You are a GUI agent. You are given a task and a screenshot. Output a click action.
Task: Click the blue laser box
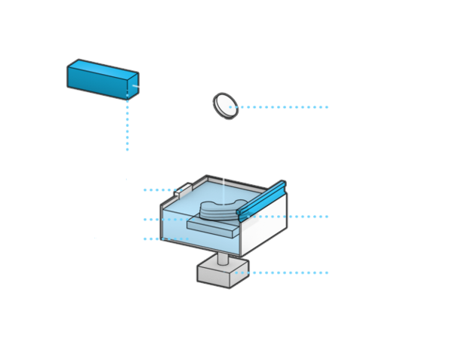102,78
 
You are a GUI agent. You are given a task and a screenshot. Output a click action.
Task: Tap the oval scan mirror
225,105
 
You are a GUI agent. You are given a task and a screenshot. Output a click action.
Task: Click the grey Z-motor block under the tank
223,272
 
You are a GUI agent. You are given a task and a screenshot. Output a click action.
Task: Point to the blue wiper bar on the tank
261,200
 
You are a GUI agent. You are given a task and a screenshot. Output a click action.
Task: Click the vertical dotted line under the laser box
127,125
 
